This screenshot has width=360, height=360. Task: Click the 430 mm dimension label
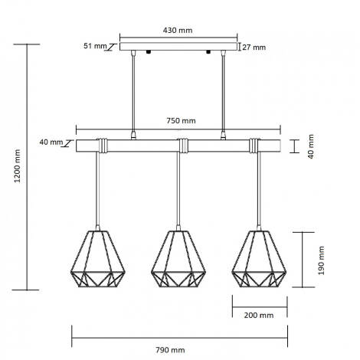pyautogui.click(x=179, y=30)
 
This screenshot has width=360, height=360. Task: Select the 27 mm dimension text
pyautogui.click(x=254, y=47)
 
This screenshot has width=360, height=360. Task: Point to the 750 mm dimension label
pyautogui.click(x=181, y=120)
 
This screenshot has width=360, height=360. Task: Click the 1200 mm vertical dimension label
pyautogui.click(x=18, y=166)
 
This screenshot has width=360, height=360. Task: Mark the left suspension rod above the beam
pyautogui.click(x=135, y=92)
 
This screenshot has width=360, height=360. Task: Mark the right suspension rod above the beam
pyautogui.click(x=224, y=92)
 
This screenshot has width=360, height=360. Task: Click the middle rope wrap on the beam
pyautogui.click(x=183, y=145)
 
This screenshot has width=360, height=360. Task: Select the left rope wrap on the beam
pyautogui.click(x=102, y=145)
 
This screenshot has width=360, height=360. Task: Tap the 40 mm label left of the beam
pyautogui.click(x=50, y=142)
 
